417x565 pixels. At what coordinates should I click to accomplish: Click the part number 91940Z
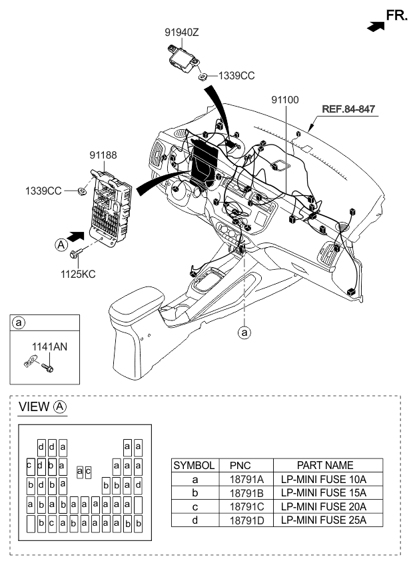pos(183,31)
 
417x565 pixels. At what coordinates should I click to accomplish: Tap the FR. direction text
pos(397,15)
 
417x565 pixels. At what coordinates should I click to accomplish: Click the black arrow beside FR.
pos(376,25)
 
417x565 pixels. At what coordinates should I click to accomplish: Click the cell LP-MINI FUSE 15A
pos(323,492)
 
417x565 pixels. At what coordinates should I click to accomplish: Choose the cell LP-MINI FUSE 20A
pos(323,506)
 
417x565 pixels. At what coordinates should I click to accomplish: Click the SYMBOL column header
pos(194,465)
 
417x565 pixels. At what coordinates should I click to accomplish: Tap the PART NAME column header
pos(323,465)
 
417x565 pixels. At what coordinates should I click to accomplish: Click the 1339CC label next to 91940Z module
pos(237,75)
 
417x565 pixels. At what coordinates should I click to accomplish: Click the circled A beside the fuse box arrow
pos(61,245)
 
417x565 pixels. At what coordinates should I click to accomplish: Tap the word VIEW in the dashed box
pos(35,407)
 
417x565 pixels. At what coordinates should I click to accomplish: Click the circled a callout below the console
pos(245,331)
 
